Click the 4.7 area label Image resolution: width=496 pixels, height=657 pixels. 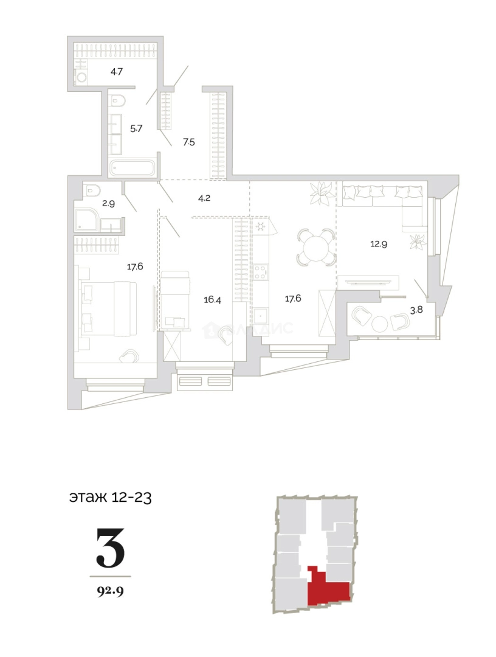coord(117,72)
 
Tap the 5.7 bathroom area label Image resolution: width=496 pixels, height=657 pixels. coord(137,128)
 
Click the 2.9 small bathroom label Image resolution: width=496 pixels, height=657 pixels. coord(109,203)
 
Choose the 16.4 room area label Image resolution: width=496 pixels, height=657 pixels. coord(212,300)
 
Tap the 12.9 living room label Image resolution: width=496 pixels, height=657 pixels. coord(380,244)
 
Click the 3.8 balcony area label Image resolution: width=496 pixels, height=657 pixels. coord(416,309)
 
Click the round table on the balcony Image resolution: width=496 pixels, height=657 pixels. coord(380,322)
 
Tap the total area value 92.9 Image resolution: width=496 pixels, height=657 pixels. coord(110,589)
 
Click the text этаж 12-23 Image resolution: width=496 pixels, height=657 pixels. coord(110,498)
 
